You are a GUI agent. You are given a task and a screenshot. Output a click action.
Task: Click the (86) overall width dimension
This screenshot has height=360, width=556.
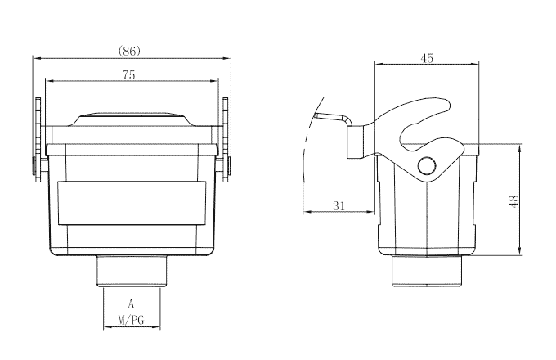coord(130,51)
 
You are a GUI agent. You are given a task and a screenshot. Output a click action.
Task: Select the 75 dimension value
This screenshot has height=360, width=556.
coord(129,74)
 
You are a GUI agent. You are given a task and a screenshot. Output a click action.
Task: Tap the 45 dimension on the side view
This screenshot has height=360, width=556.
coord(427,58)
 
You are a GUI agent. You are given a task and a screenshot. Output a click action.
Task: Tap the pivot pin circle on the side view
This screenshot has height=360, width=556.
coord(427,167)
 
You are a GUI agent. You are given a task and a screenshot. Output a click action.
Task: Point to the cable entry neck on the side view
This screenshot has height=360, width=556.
coord(427,269)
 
